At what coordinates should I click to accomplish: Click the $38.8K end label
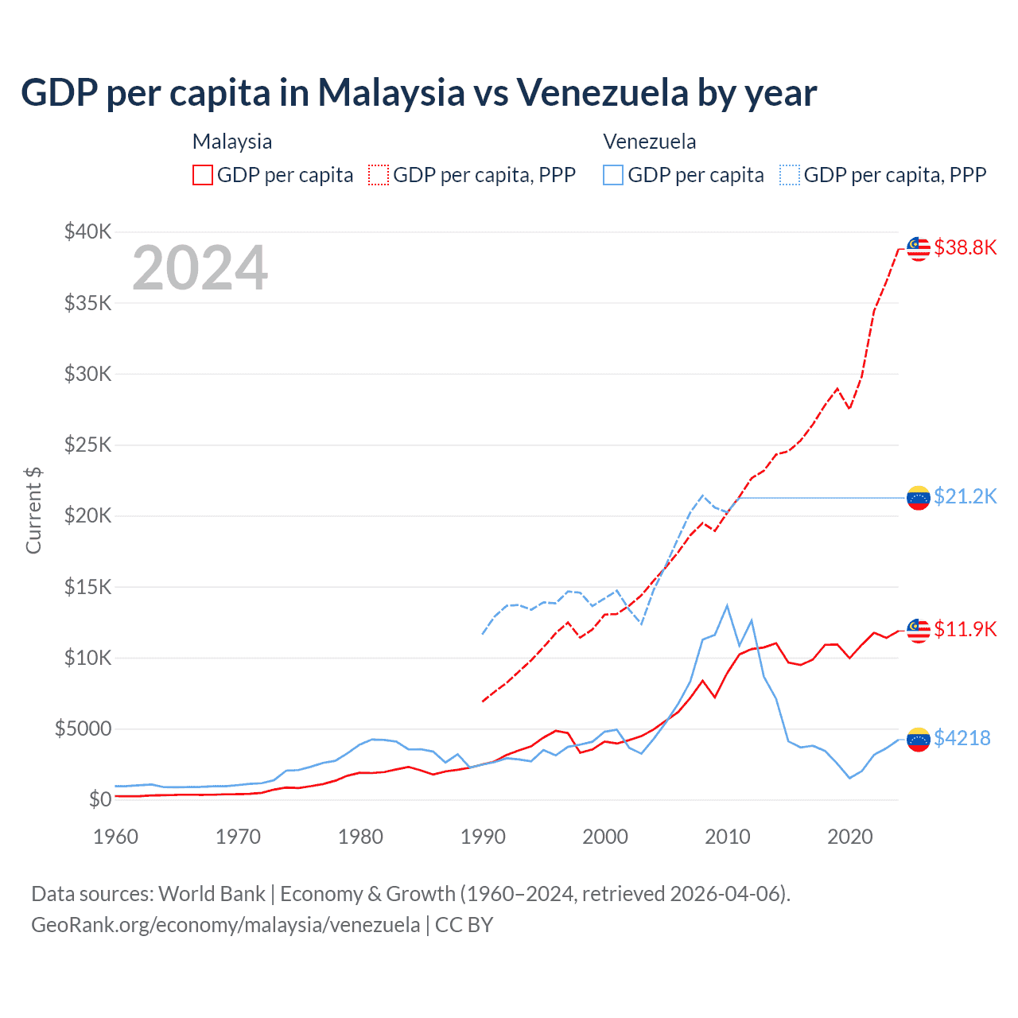(965, 247)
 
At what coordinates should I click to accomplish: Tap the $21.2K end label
(965, 496)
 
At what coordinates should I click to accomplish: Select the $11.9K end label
(965, 629)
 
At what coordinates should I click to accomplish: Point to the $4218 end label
(962, 738)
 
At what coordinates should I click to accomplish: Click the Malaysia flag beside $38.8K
(919, 248)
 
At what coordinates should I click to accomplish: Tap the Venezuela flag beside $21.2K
(919, 498)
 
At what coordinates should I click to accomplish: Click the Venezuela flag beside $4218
(919, 739)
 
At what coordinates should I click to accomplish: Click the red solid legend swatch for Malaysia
(203, 175)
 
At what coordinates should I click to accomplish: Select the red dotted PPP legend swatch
(379, 175)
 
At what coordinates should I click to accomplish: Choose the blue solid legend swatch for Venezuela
(613, 175)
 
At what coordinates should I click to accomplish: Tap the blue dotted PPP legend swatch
(790, 175)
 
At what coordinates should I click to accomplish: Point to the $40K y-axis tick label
(88, 231)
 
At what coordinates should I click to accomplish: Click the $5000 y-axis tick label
(83, 729)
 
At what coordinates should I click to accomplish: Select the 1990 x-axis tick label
(483, 837)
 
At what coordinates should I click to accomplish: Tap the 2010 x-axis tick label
(728, 837)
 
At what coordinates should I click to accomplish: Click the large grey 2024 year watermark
(200, 268)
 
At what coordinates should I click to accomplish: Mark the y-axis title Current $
(33, 511)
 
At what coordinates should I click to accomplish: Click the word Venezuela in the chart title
(602, 92)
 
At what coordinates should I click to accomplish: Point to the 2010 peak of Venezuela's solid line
(727, 605)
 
